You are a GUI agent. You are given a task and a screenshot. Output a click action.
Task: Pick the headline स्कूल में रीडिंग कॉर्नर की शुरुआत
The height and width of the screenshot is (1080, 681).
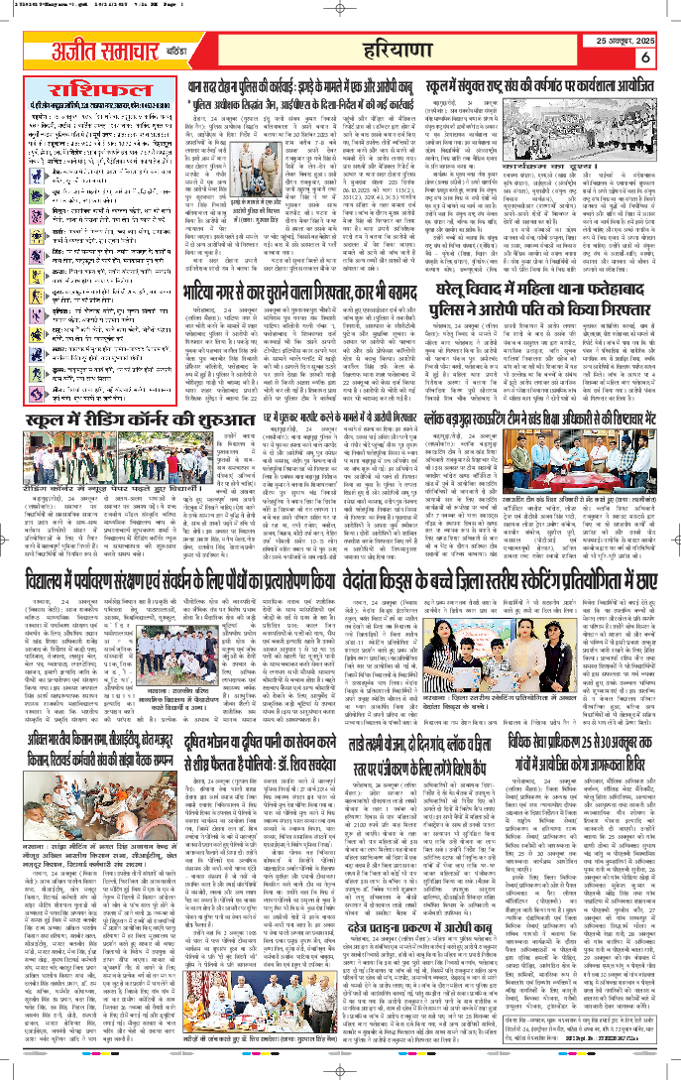click(100, 421)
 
